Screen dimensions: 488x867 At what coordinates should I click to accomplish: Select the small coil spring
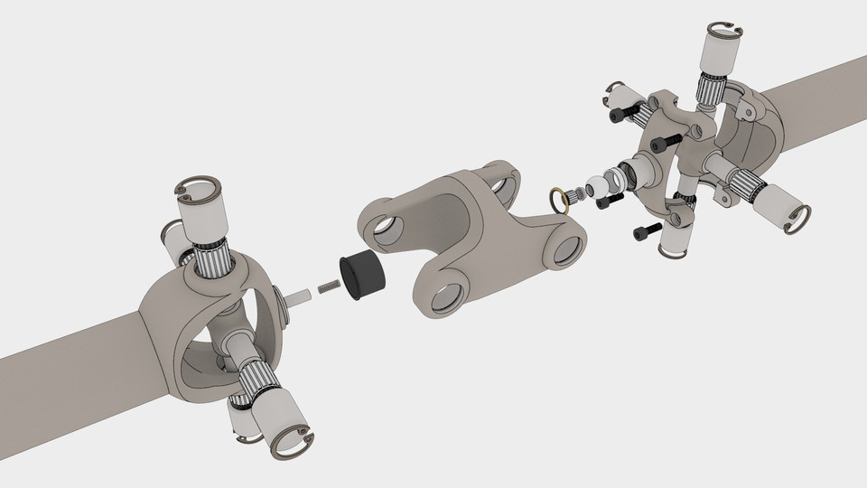click(x=328, y=288)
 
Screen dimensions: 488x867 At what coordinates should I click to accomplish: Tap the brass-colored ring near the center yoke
click(x=561, y=198)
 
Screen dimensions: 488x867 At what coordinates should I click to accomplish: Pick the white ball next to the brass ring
click(x=595, y=189)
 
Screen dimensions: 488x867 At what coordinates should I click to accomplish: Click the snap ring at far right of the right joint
click(x=797, y=218)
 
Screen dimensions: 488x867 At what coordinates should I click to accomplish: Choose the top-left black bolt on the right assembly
click(x=620, y=116)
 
